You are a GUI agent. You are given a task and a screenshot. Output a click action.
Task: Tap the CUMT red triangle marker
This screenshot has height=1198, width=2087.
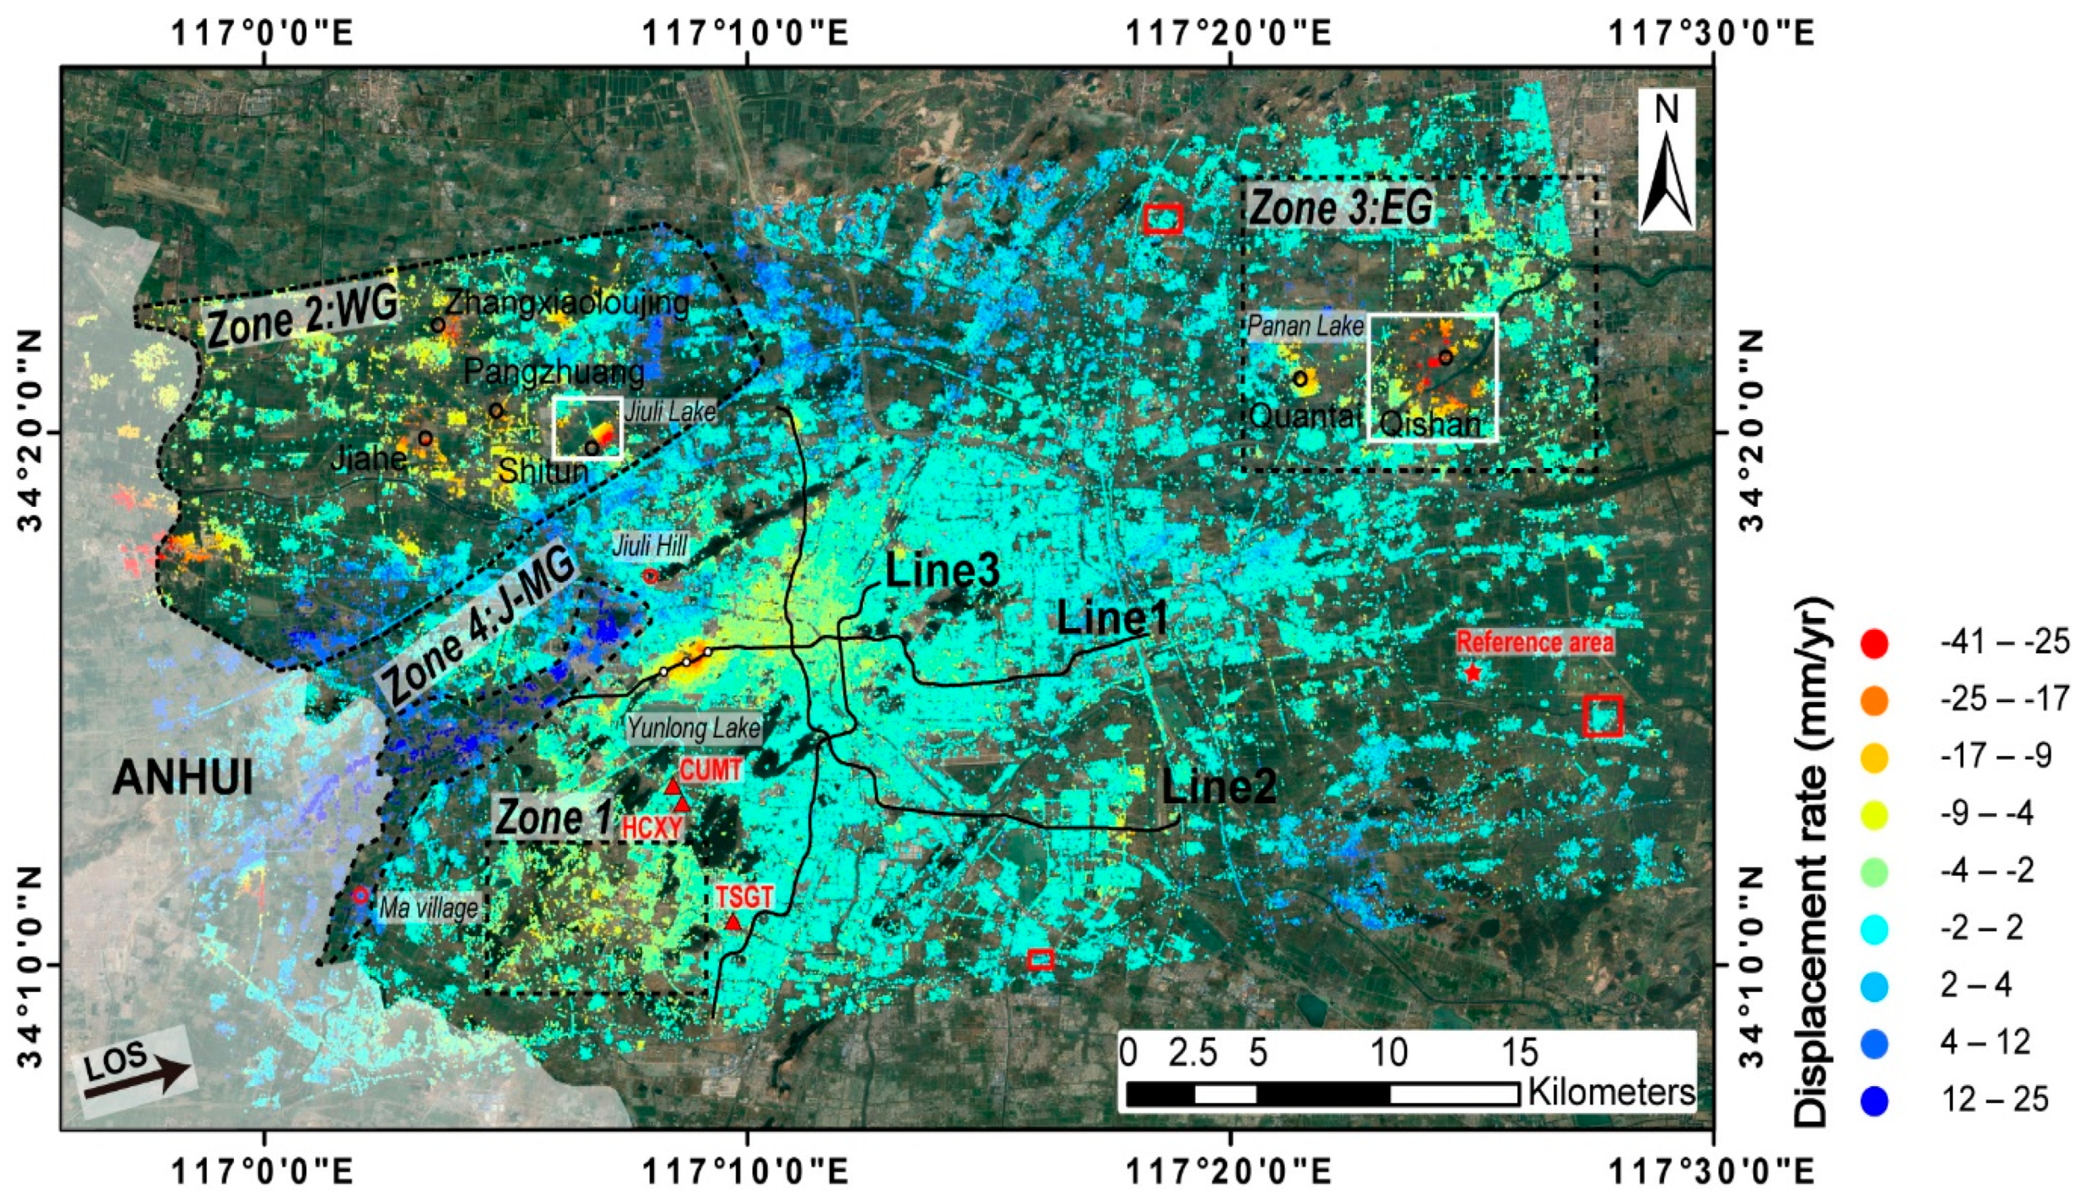673,787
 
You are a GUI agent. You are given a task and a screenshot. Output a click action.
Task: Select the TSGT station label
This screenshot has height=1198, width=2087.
744,896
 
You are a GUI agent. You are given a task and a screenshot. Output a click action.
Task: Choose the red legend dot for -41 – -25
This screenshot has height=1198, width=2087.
1874,644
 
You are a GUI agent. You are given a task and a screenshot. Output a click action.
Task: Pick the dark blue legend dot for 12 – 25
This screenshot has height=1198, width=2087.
1874,1101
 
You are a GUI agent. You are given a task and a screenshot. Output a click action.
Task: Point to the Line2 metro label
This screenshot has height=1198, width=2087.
1218,787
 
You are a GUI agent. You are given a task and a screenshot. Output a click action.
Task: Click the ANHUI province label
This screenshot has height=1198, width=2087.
183,777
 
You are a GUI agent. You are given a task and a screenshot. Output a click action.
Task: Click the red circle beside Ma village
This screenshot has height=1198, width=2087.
360,895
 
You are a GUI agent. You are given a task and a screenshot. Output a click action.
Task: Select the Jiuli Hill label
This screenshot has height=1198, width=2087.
649,545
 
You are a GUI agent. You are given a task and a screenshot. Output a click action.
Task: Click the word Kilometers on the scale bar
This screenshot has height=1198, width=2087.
1611,1093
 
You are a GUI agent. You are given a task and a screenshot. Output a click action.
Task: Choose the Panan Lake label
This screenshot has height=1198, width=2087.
1306,326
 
